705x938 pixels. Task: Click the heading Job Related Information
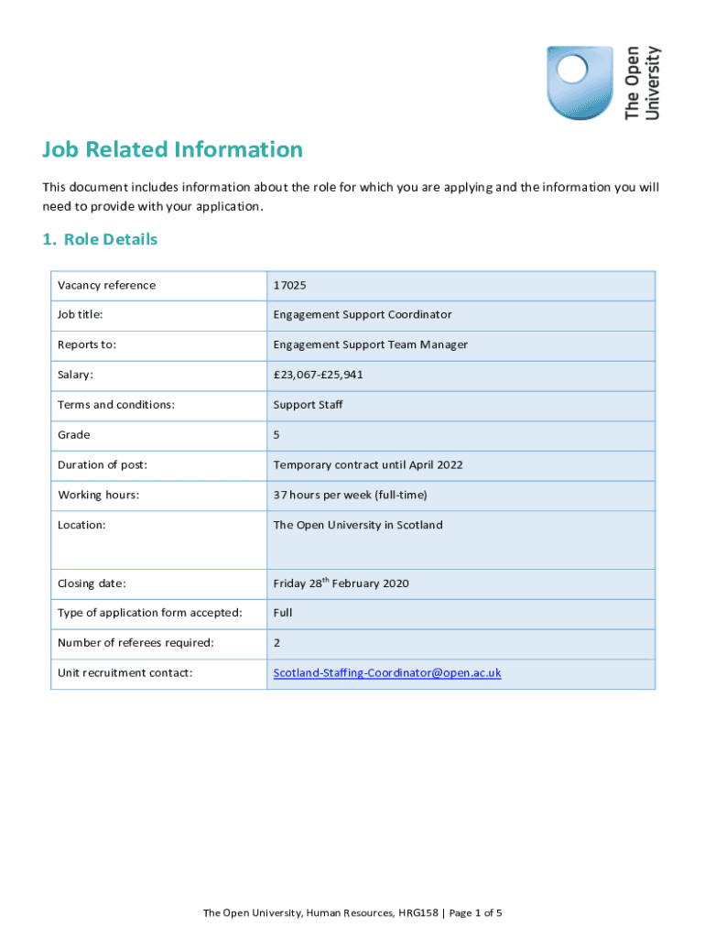pos(172,149)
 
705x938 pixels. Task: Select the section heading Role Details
pos(100,239)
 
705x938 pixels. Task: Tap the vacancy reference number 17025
pos(289,285)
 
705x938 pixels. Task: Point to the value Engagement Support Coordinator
pos(363,314)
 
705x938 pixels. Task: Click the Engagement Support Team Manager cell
pos(370,344)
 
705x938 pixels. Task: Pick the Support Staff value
pos(308,404)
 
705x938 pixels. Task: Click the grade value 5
pos(277,434)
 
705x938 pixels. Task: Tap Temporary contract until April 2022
pos(368,464)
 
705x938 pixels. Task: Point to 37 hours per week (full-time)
pos(350,495)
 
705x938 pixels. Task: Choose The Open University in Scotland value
pos(357,525)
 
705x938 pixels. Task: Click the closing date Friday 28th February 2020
pos(341,584)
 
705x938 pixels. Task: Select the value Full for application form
pos(283,612)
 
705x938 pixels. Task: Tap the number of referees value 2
pos(277,642)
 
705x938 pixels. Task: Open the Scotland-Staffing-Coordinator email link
pos(387,672)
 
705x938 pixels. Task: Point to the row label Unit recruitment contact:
pos(125,672)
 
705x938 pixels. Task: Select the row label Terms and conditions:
pos(116,404)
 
